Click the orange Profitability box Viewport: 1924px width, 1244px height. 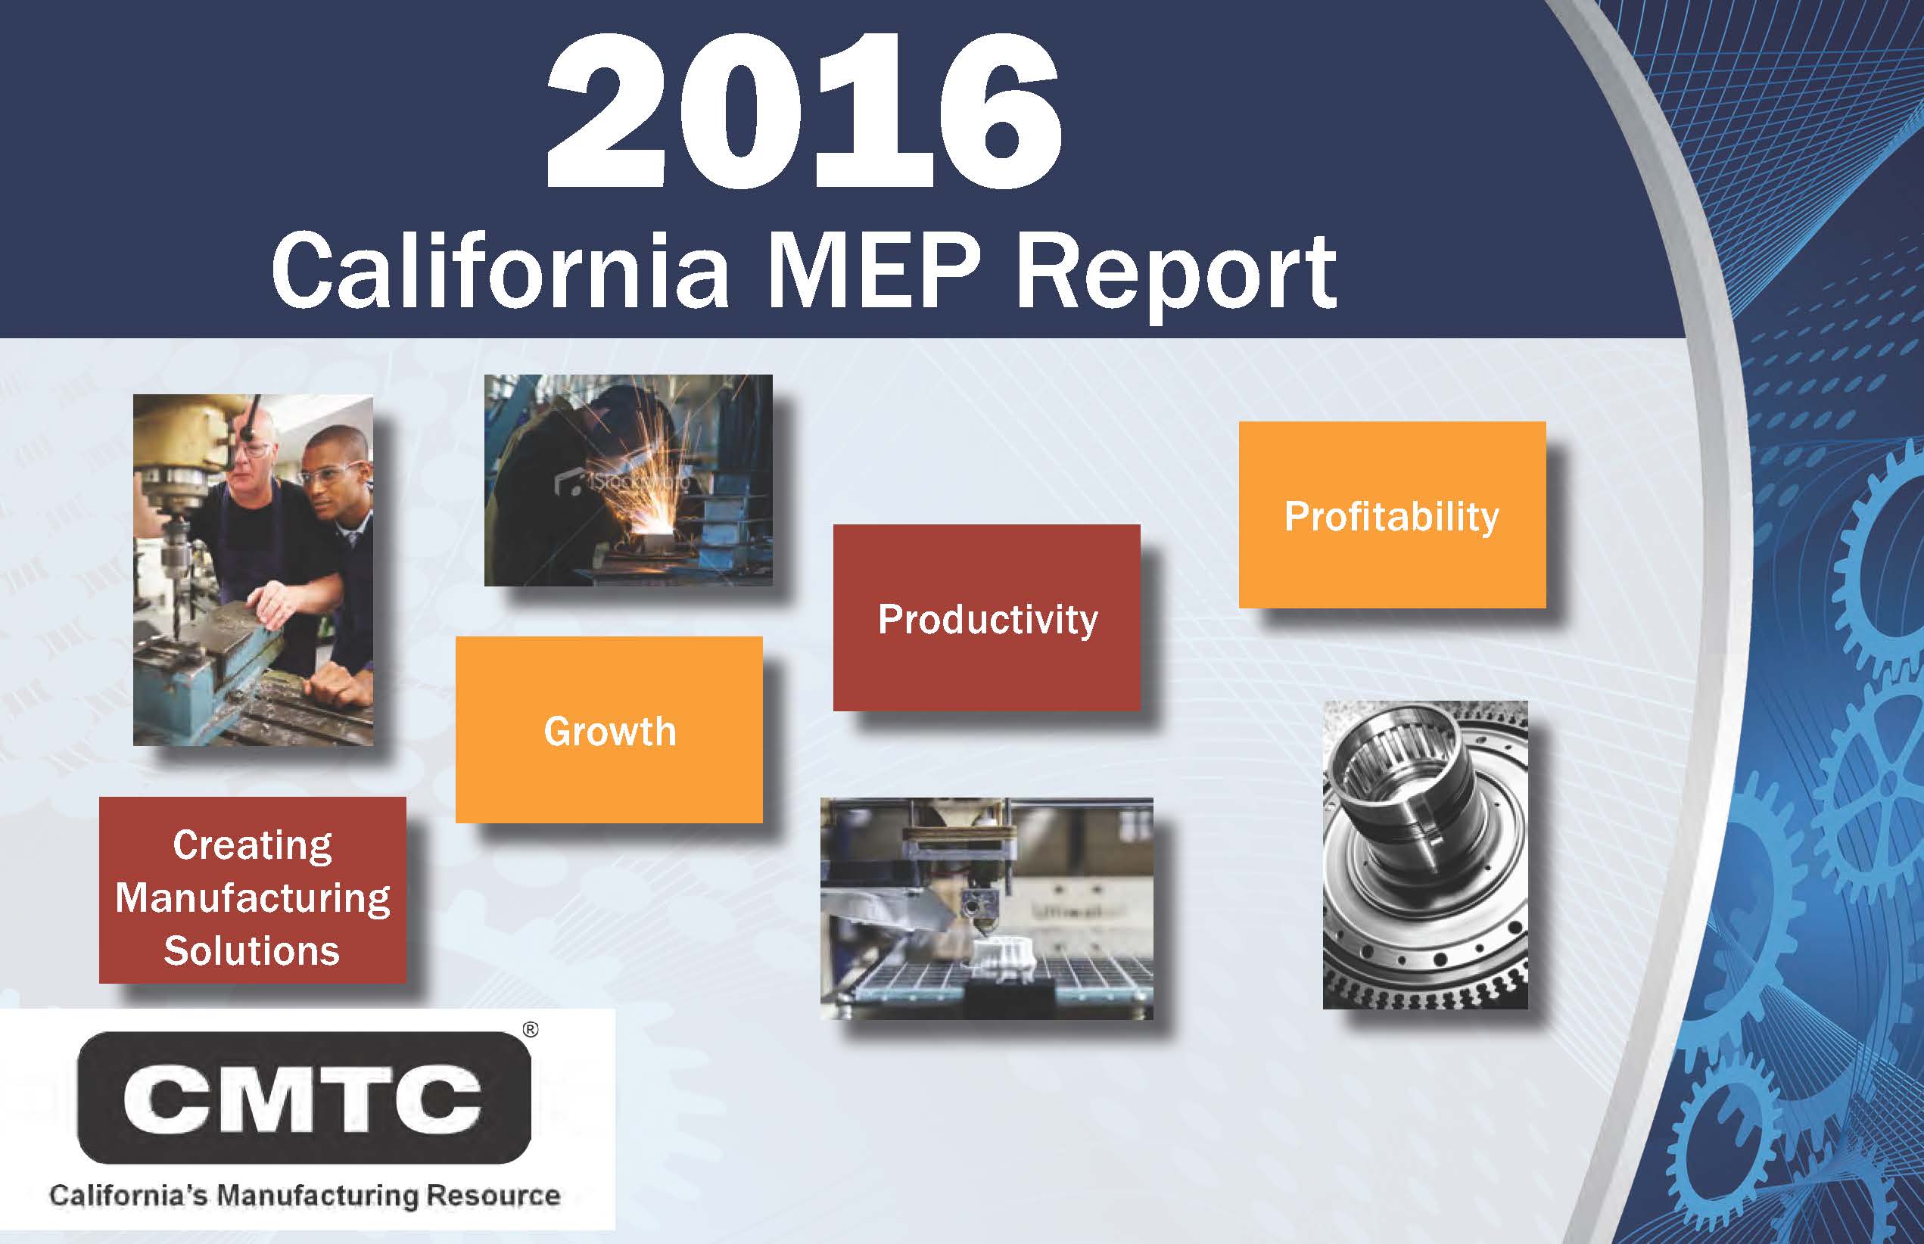click(x=1391, y=515)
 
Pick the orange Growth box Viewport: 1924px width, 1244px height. click(x=609, y=729)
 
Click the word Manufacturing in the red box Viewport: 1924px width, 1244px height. click(x=252, y=898)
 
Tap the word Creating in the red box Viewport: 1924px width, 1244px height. click(x=252, y=846)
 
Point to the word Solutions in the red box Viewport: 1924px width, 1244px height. click(x=252, y=950)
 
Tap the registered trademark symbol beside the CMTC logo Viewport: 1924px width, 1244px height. click(x=530, y=1030)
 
